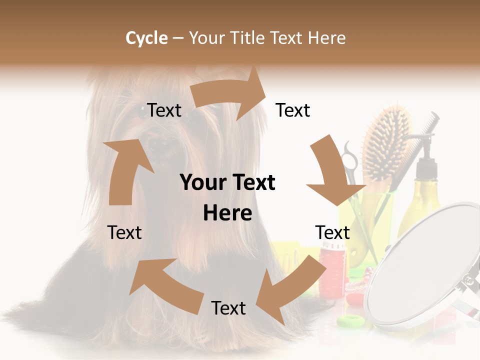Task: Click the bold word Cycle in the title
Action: coord(146,38)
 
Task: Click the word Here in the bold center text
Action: coord(227,213)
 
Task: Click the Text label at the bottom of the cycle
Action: coord(228,308)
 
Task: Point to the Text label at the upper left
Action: coord(164,110)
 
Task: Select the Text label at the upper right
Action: coord(293,110)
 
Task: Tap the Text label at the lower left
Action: coord(124,232)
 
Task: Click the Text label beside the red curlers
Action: coord(332,232)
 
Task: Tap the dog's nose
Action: coord(159,146)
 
